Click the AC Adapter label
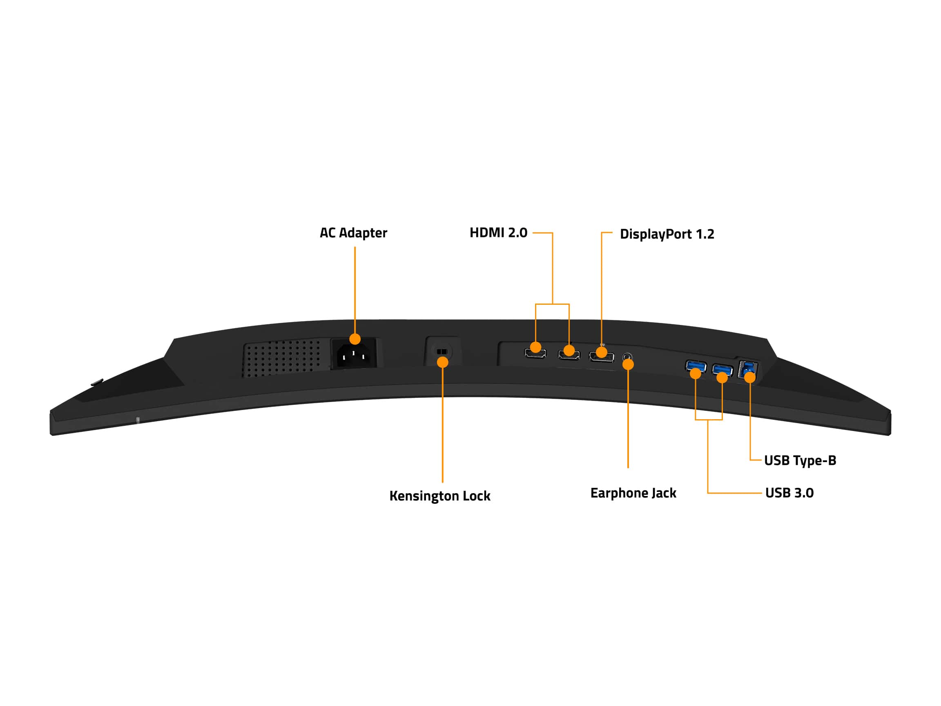353,233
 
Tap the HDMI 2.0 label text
498,233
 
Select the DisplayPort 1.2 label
667,234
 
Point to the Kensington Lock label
440,496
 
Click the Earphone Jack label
633,493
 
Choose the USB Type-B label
800,460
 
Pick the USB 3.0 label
789,493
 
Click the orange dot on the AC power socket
355,339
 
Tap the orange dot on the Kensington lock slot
442,362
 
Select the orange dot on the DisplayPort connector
601,352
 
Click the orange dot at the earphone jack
628,364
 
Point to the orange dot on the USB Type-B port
749,377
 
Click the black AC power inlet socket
354,354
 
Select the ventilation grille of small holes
282,357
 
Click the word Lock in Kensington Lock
477,495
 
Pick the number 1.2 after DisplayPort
705,234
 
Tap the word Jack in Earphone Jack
664,493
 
